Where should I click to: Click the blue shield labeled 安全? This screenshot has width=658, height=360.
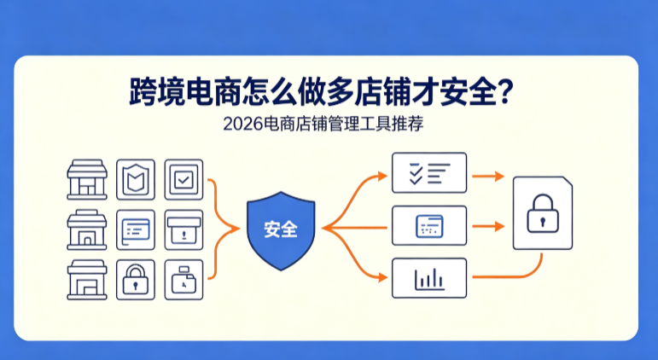click(x=281, y=230)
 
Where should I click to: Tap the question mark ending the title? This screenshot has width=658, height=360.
click(x=506, y=92)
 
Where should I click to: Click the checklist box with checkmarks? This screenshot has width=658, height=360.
click(x=429, y=173)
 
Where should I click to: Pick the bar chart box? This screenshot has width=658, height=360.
click(x=429, y=278)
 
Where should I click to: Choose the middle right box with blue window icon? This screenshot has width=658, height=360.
click(x=429, y=226)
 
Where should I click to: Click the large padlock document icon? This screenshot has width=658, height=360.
click(x=543, y=213)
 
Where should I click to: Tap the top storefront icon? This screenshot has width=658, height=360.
click(x=87, y=180)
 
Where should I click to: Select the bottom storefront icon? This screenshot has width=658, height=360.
click(x=87, y=280)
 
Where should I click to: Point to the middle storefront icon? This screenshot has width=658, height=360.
click(x=87, y=230)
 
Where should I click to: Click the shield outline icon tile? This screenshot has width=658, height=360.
click(x=136, y=180)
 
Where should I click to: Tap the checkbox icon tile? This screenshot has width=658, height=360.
click(x=183, y=180)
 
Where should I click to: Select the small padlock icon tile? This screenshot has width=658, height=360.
click(x=136, y=280)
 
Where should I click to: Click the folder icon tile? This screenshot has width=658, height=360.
click(x=183, y=280)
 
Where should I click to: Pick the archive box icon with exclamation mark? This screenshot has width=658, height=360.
click(x=183, y=230)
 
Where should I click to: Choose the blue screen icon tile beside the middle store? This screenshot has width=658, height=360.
click(x=136, y=230)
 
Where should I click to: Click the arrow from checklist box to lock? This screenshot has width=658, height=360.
click(x=488, y=177)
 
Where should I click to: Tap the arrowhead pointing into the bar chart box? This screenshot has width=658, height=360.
click(x=382, y=277)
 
